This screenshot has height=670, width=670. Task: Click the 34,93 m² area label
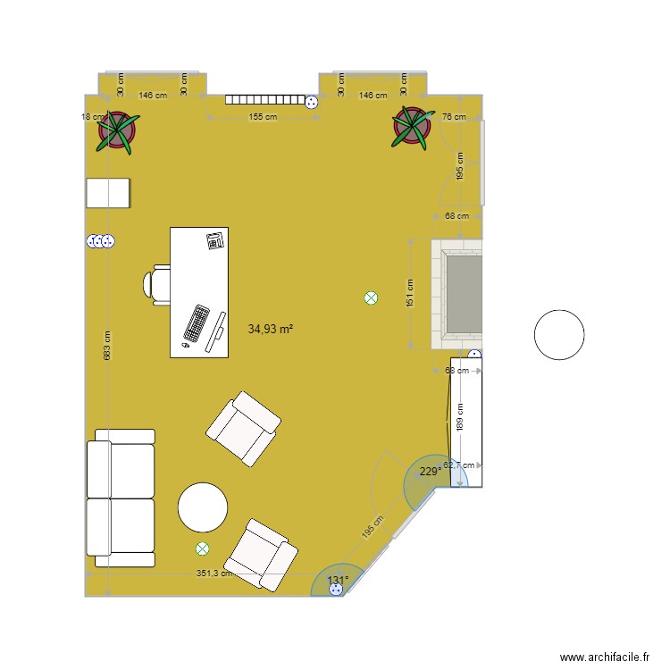(x=271, y=329)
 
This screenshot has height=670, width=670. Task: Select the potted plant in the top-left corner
(x=118, y=130)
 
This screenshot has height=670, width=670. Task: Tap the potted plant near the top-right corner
(x=413, y=126)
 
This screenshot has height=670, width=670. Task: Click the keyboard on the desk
(x=197, y=323)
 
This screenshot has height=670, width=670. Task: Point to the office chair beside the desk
(x=156, y=285)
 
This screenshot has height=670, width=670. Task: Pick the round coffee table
(x=204, y=508)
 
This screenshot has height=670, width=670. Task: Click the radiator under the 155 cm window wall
(x=265, y=100)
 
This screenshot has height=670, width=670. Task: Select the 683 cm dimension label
(x=107, y=347)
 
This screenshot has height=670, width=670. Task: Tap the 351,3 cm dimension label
(x=214, y=574)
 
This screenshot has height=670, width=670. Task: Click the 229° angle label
(x=430, y=472)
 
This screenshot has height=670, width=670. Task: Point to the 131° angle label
(x=337, y=581)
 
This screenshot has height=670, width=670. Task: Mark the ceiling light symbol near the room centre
(x=371, y=299)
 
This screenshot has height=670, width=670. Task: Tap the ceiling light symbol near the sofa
(x=203, y=549)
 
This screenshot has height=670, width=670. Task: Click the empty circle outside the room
(x=559, y=334)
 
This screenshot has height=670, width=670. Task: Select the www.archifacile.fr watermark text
(x=605, y=657)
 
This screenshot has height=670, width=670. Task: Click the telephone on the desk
(x=214, y=239)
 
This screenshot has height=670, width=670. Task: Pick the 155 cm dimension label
(x=262, y=117)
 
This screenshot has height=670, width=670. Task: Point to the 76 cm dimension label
(x=454, y=117)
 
